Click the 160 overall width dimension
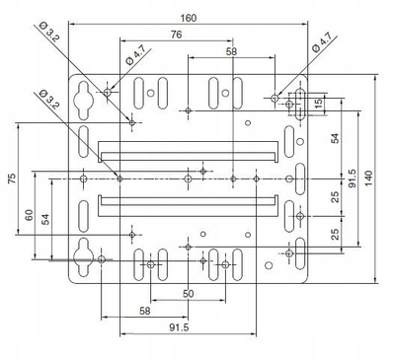tap(188, 18)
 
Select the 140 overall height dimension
tap(368, 179)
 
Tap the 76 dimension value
tap(177, 35)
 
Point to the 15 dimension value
tap(318, 105)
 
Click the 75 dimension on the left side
tap(12, 179)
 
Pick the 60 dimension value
tap(30, 215)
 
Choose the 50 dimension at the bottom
tap(188, 294)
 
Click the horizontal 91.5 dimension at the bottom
tap(179, 327)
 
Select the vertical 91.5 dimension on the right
tap(353, 179)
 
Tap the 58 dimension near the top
tap(231, 51)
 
